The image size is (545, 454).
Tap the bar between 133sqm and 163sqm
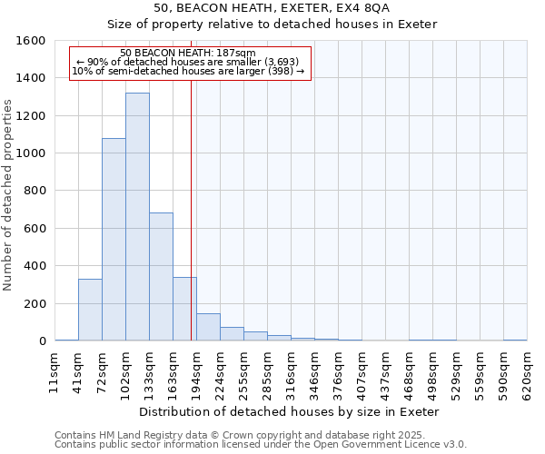(161, 276)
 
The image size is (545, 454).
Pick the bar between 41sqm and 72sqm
(90, 310)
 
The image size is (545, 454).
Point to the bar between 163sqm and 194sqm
(184, 309)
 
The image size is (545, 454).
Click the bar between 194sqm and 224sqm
(208, 327)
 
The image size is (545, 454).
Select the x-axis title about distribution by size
(291, 411)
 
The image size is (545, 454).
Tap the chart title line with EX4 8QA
(272, 7)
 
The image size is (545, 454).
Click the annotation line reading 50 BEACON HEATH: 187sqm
(188, 54)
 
